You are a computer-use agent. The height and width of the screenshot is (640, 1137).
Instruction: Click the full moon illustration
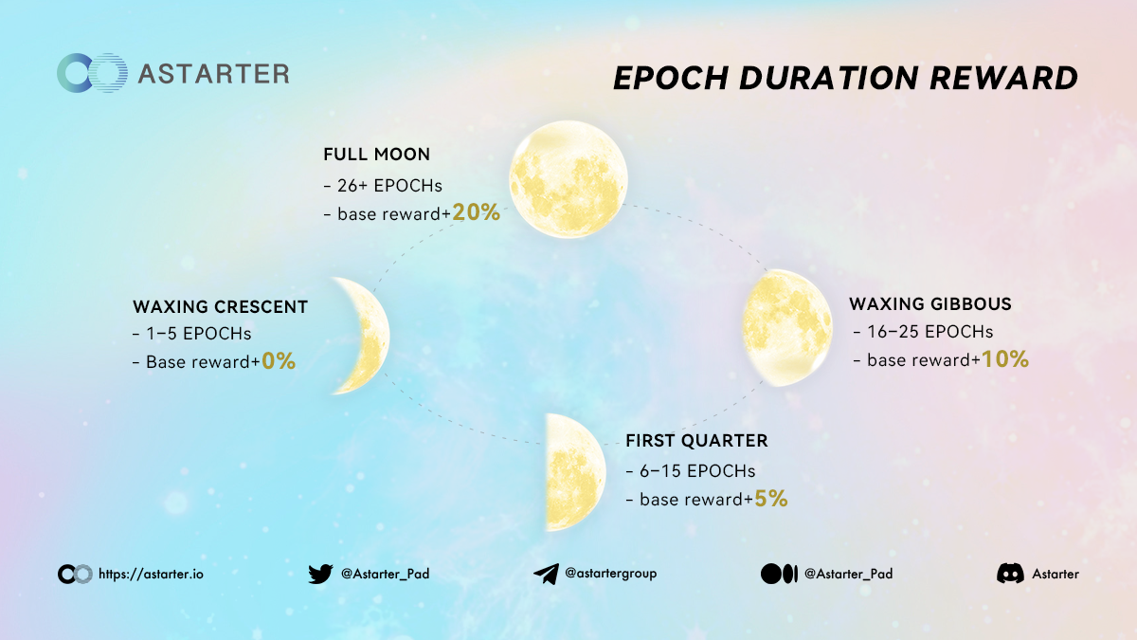tap(568, 179)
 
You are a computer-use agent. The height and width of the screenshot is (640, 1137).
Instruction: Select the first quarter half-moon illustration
tap(575, 472)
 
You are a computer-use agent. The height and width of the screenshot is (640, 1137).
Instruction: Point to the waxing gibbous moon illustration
tap(787, 328)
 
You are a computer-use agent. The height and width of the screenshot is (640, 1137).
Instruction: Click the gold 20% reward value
tap(476, 212)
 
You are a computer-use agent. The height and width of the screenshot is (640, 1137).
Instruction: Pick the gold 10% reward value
tap(1005, 359)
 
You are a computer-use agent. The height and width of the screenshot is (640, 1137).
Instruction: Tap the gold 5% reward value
tap(771, 499)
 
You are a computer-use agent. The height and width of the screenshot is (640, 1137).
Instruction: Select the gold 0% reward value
tap(279, 361)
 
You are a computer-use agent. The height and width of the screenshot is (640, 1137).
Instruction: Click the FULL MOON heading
tap(377, 154)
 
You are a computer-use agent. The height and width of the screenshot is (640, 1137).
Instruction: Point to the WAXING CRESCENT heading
tap(220, 306)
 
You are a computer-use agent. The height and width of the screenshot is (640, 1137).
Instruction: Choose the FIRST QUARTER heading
tap(696, 440)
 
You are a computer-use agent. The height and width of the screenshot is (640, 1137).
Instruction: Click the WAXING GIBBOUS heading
tap(930, 303)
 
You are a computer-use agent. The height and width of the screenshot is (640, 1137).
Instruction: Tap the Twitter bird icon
tap(321, 574)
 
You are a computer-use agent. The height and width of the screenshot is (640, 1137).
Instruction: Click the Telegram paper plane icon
tap(546, 574)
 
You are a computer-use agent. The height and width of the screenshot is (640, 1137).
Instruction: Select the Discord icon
tap(1010, 574)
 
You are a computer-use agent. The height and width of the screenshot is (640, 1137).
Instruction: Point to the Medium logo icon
tap(779, 574)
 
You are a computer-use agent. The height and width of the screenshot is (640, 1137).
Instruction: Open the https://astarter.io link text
tap(151, 574)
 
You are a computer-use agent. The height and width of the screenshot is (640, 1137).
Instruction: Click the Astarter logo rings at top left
tap(92, 73)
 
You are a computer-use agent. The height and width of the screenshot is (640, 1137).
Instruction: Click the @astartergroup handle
tap(610, 574)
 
